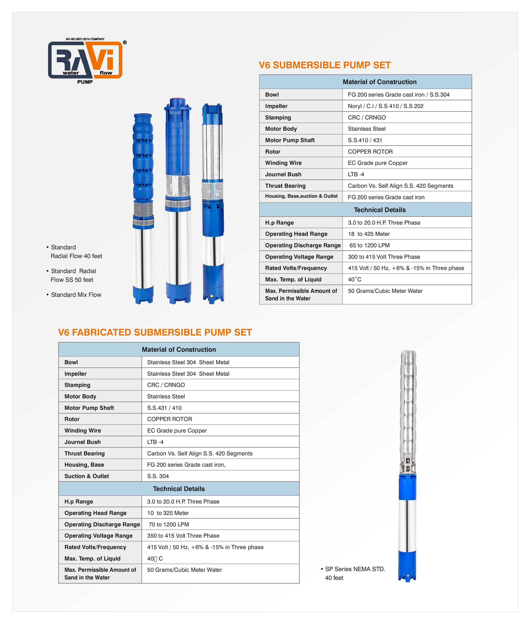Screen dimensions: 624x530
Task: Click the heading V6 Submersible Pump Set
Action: (x=324, y=65)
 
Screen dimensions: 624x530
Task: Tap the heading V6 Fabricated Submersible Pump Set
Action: (x=155, y=332)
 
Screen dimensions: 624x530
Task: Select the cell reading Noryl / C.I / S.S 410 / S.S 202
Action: (x=385, y=106)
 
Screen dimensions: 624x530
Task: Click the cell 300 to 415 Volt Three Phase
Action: (x=384, y=257)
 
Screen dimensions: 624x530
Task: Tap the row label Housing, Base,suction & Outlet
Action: (x=301, y=196)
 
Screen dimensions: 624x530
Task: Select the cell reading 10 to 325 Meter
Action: (x=168, y=513)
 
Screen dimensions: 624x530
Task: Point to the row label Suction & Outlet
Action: (x=87, y=476)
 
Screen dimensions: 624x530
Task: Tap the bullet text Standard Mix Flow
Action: (x=76, y=295)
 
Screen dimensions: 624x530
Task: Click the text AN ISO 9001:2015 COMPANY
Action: (x=85, y=39)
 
